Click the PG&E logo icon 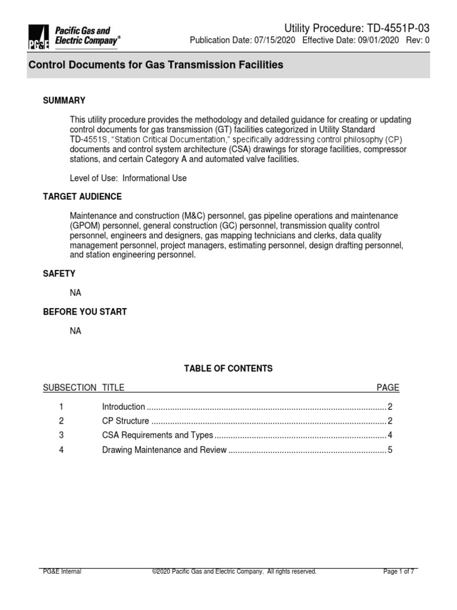pos(39,37)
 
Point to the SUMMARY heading pos(64,101)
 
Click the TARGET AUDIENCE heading pos(82,197)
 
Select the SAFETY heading pos(59,273)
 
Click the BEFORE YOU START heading pos(84,312)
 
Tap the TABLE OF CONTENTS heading pos(228,369)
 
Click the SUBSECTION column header pos(69,388)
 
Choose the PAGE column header pos(388,388)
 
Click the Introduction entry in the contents pos(123,407)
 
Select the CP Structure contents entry pos(125,421)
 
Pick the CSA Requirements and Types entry pos(157,435)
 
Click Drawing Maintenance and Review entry pos(164,450)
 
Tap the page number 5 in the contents pos(390,450)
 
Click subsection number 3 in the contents pos(61,435)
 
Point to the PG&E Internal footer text pos(62,572)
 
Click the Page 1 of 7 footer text pos(399,572)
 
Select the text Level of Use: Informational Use pos(128,178)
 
